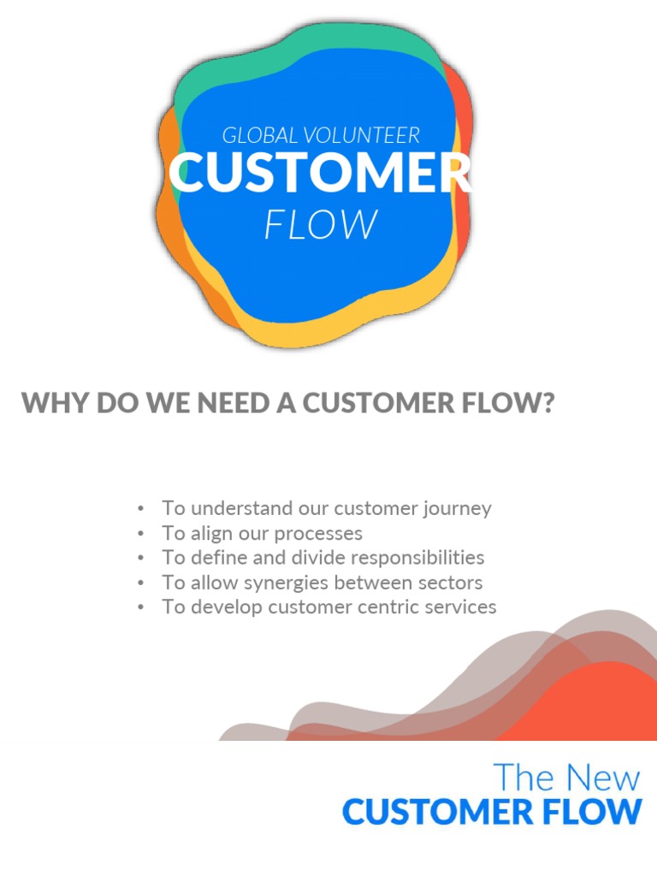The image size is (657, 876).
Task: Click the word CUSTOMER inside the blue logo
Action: pyautogui.click(x=320, y=174)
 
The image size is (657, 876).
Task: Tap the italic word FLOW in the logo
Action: pyautogui.click(x=320, y=225)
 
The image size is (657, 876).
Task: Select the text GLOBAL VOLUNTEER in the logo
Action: pyautogui.click(x=321, y=135)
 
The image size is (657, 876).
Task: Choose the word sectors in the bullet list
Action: pyautogui.click(x=452, y=583)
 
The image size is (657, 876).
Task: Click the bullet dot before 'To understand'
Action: pyautogui.click(x=140, y=509)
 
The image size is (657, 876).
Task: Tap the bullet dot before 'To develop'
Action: pyautogui.click(x=140, y=607)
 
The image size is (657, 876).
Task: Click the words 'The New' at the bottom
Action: pyautogui.click(x=566, y=778)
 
